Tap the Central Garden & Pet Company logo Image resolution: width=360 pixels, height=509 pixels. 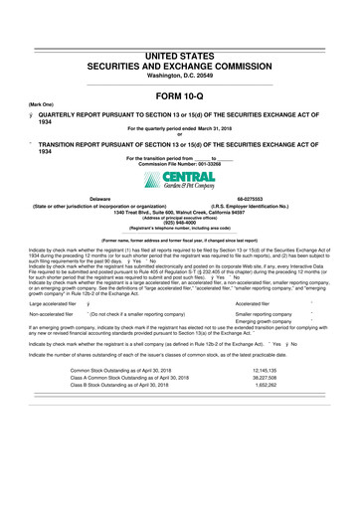pos(179,181)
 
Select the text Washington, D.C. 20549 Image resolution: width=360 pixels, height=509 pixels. pos(179,74)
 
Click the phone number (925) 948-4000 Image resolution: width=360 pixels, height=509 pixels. pos(179,224)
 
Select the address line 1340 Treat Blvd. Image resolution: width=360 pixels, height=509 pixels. pos(179,212)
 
